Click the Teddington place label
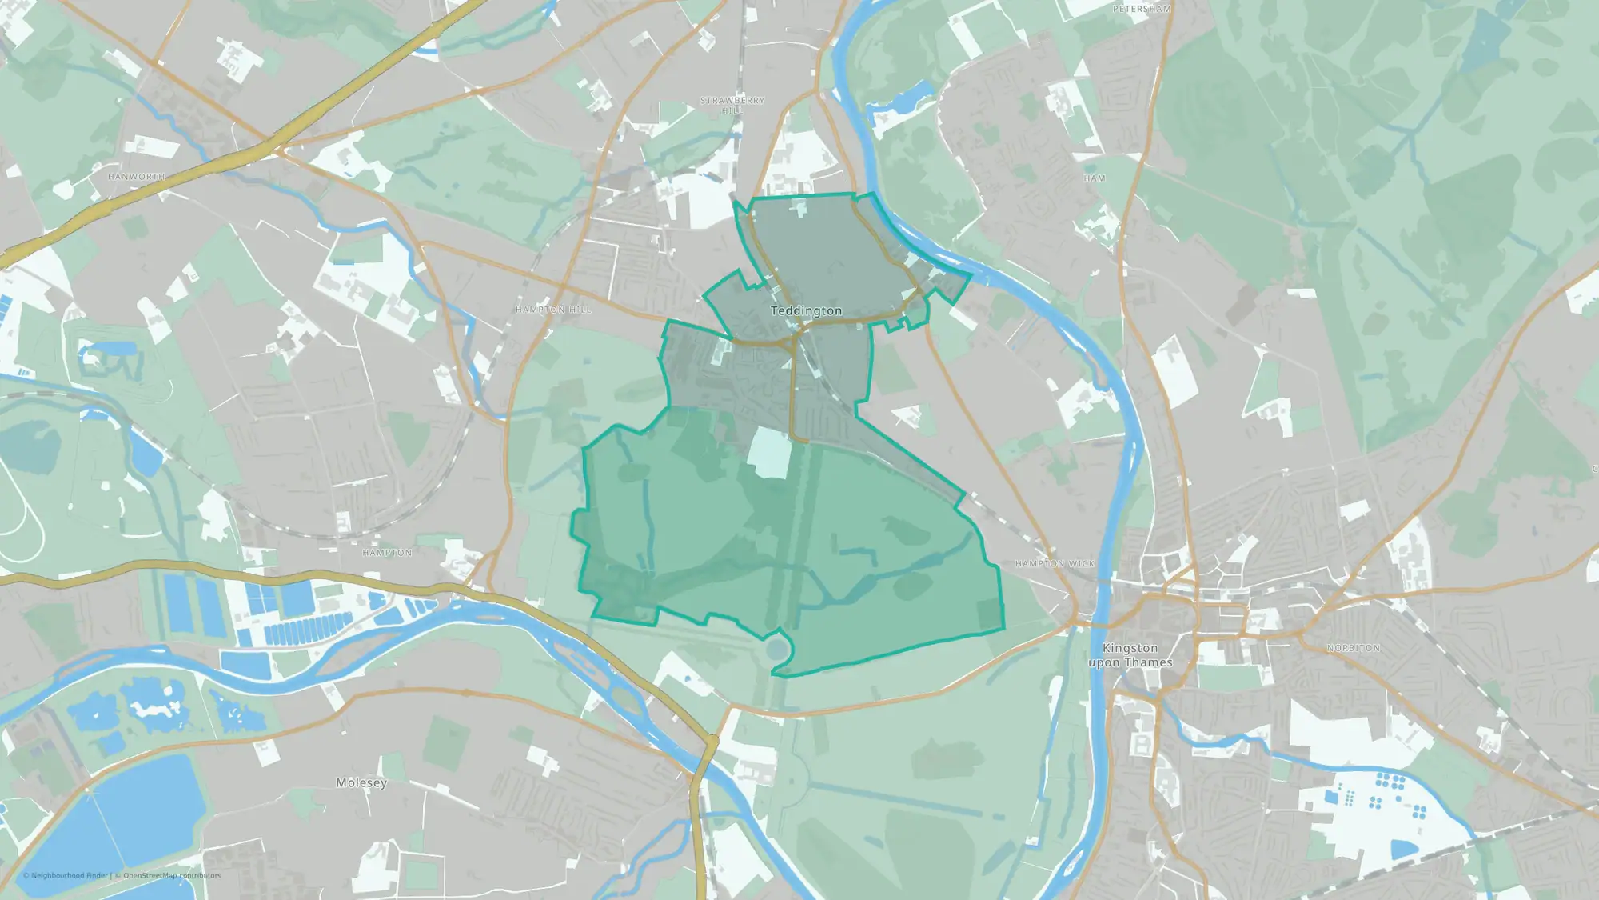(806, 310)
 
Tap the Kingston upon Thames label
(1130, 655)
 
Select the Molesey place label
(361, 782)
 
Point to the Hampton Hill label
(553, 310)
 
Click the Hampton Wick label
(1055, 564)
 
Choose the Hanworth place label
(137, 177)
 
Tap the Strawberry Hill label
(732, 106)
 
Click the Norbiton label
(1353, 648)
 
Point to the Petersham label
(1142, 10)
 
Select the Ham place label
(1095, 178)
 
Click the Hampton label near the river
(387, 553)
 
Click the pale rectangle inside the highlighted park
(769, 453)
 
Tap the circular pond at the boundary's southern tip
(776, 647)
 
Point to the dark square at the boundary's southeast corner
(990, 614)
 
